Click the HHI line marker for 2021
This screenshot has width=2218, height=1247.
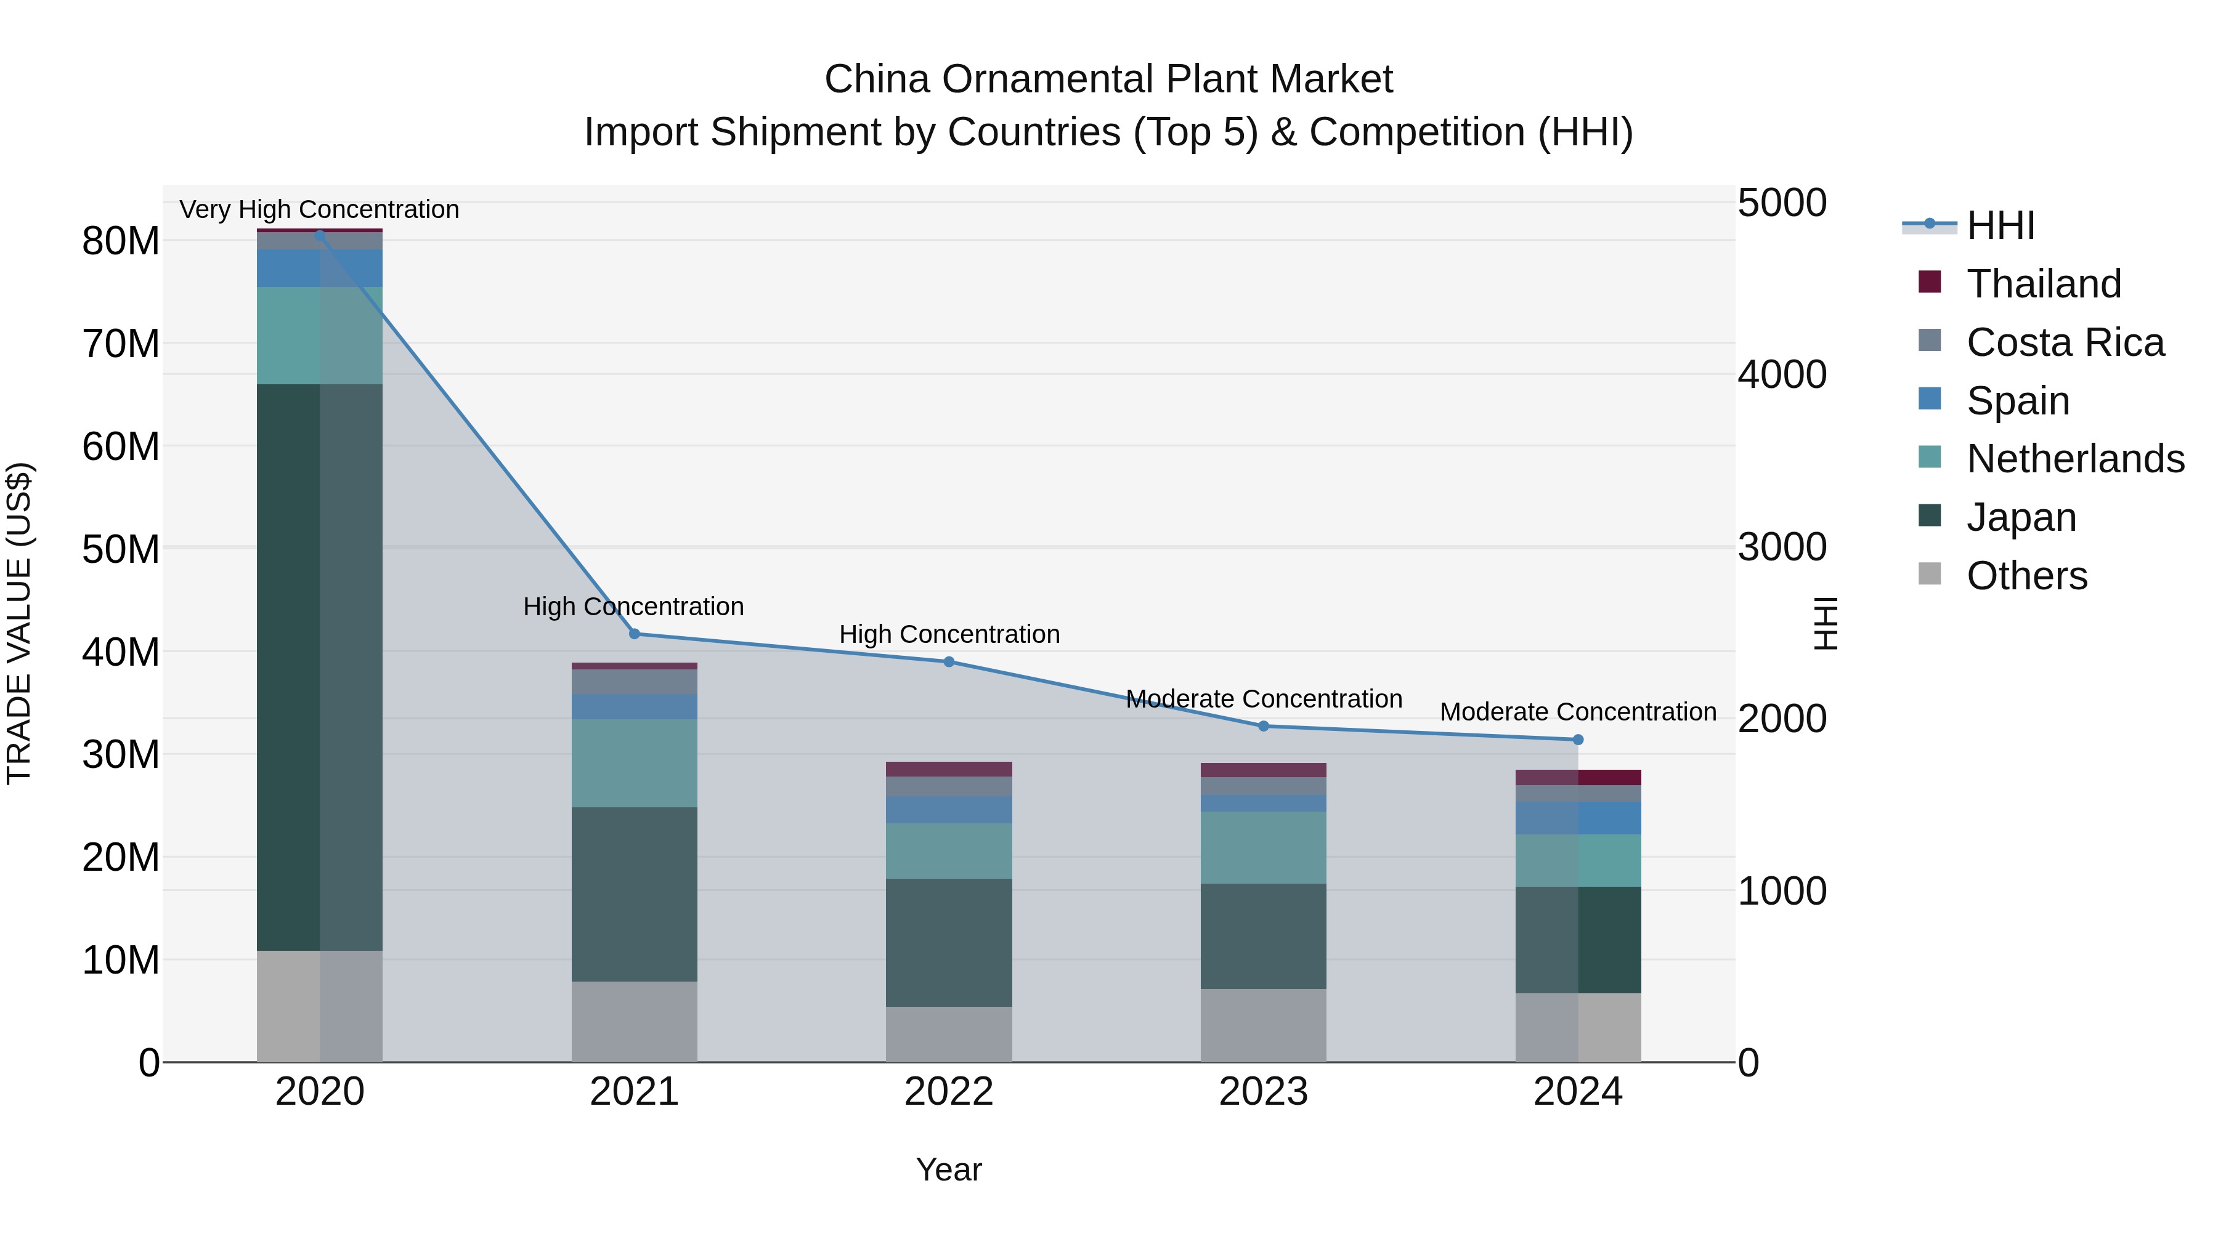(635, 634)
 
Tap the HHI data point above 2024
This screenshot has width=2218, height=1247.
(1578, 740)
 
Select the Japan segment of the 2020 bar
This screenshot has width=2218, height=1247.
(319, 667)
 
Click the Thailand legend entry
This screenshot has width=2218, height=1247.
(2043, 284)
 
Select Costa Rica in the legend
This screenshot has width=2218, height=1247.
(2065, 342)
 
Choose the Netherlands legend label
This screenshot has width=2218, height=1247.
(2075, 459)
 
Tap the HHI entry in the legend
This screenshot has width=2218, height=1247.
(2000, 225)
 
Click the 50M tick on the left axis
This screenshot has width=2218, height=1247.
(121, 549)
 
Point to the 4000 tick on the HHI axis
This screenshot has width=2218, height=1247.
(1781, 374)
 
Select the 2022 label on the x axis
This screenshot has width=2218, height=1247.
(949, 1092)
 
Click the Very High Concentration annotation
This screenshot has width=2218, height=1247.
(319, 209)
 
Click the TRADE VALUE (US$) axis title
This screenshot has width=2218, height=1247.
(19, 623)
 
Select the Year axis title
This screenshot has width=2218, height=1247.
(949, 1169)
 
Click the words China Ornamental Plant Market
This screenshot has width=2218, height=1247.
(1108, 79)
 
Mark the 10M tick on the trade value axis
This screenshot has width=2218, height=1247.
(121, 961)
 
